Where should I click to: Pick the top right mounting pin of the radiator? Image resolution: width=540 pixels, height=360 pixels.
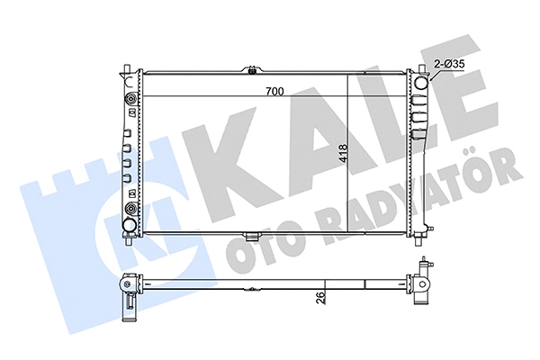coord(418,68)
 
